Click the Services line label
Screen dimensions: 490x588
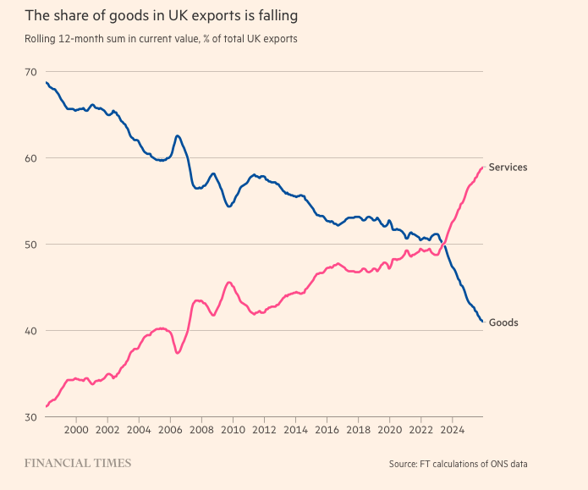pos(508,168)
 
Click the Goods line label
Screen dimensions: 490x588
pos(503,322)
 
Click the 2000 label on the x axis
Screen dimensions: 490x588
pos(76,430)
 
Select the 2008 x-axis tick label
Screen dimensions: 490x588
pos(201,430)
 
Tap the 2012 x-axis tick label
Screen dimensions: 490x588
pos(264,430)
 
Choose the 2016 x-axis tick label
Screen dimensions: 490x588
pos(327,430)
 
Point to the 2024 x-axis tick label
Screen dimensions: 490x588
pos(452,430)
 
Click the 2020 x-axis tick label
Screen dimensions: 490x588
pos(389,430)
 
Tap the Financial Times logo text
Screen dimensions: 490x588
pos(78,463)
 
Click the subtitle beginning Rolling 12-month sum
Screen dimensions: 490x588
pos(161,39)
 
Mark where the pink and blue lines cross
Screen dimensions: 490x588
pos(442,245)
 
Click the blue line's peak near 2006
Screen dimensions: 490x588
pos(177,135)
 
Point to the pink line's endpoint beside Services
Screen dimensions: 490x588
pos(482,168)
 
